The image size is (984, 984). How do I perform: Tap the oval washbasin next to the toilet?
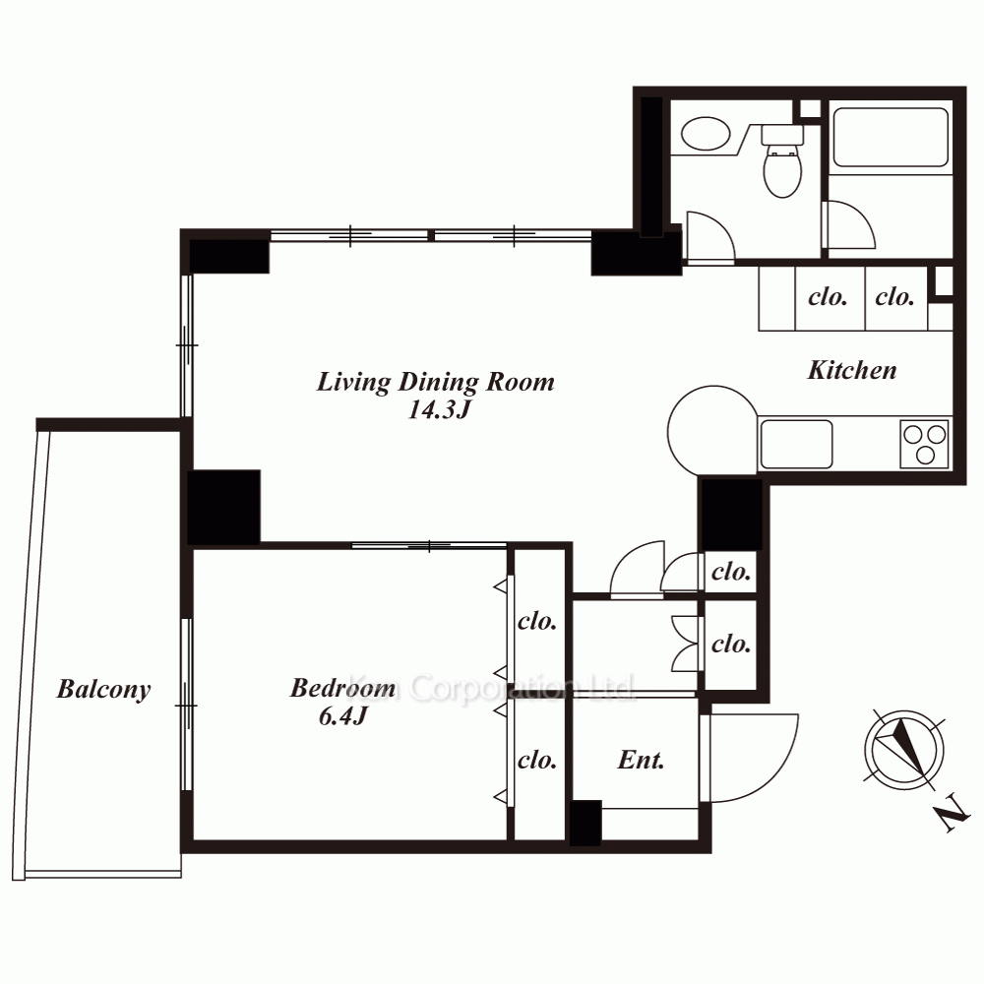tap(706, 133)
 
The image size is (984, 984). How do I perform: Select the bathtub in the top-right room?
tap(891, 138)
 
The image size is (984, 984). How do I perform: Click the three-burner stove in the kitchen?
tap(924, 444)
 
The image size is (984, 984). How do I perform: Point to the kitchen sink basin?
tap(796, 444)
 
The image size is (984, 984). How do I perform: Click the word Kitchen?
tap(851, 370)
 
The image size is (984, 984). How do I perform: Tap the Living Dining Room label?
tap(436, 382)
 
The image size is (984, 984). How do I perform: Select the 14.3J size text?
tap(439, 409)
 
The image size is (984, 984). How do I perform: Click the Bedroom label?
tap(342, 688)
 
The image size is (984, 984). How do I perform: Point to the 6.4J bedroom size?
tap(342, 715)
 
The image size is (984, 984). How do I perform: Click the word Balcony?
tap(103, 689)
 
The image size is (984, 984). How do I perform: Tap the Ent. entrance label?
tap(641, 760)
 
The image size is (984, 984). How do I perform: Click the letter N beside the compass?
tap(953, 814)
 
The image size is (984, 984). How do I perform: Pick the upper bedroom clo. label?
tap(537, 621)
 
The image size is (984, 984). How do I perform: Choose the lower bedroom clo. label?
tap(537, 761)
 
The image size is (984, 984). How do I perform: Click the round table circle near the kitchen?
tap(713, 431)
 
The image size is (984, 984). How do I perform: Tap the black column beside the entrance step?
tap(585, 823)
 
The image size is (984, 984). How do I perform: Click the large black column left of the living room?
tap(224, 507)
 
